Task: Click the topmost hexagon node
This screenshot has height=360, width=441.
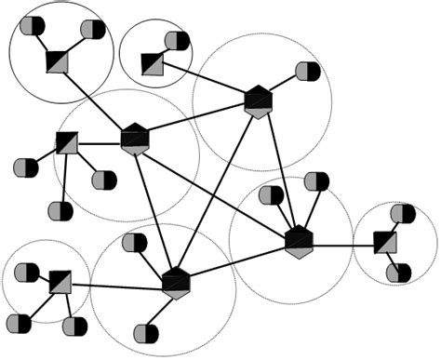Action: (258, 100)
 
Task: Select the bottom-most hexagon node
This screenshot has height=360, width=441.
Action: (176, 281)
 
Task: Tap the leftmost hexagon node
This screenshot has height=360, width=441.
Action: (135, 139)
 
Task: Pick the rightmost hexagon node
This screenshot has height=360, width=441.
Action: (298, 241)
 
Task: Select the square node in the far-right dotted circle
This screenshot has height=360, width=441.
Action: (384, 244)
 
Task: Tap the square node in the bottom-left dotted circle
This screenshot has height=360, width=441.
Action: (60, 281)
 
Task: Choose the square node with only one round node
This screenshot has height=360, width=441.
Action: (153, 63)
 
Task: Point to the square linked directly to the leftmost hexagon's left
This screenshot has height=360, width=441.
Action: (67, 142)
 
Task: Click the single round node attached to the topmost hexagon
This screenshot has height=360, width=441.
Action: (307, 72)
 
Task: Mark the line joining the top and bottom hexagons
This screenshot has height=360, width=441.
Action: (217, 191)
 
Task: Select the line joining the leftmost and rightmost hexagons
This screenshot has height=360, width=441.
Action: (216, 190)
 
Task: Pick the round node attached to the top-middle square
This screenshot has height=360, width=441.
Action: (177, 41)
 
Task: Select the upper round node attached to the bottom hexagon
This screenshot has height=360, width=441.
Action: (136, 244)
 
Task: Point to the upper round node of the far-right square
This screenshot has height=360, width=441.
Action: (403, 214)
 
